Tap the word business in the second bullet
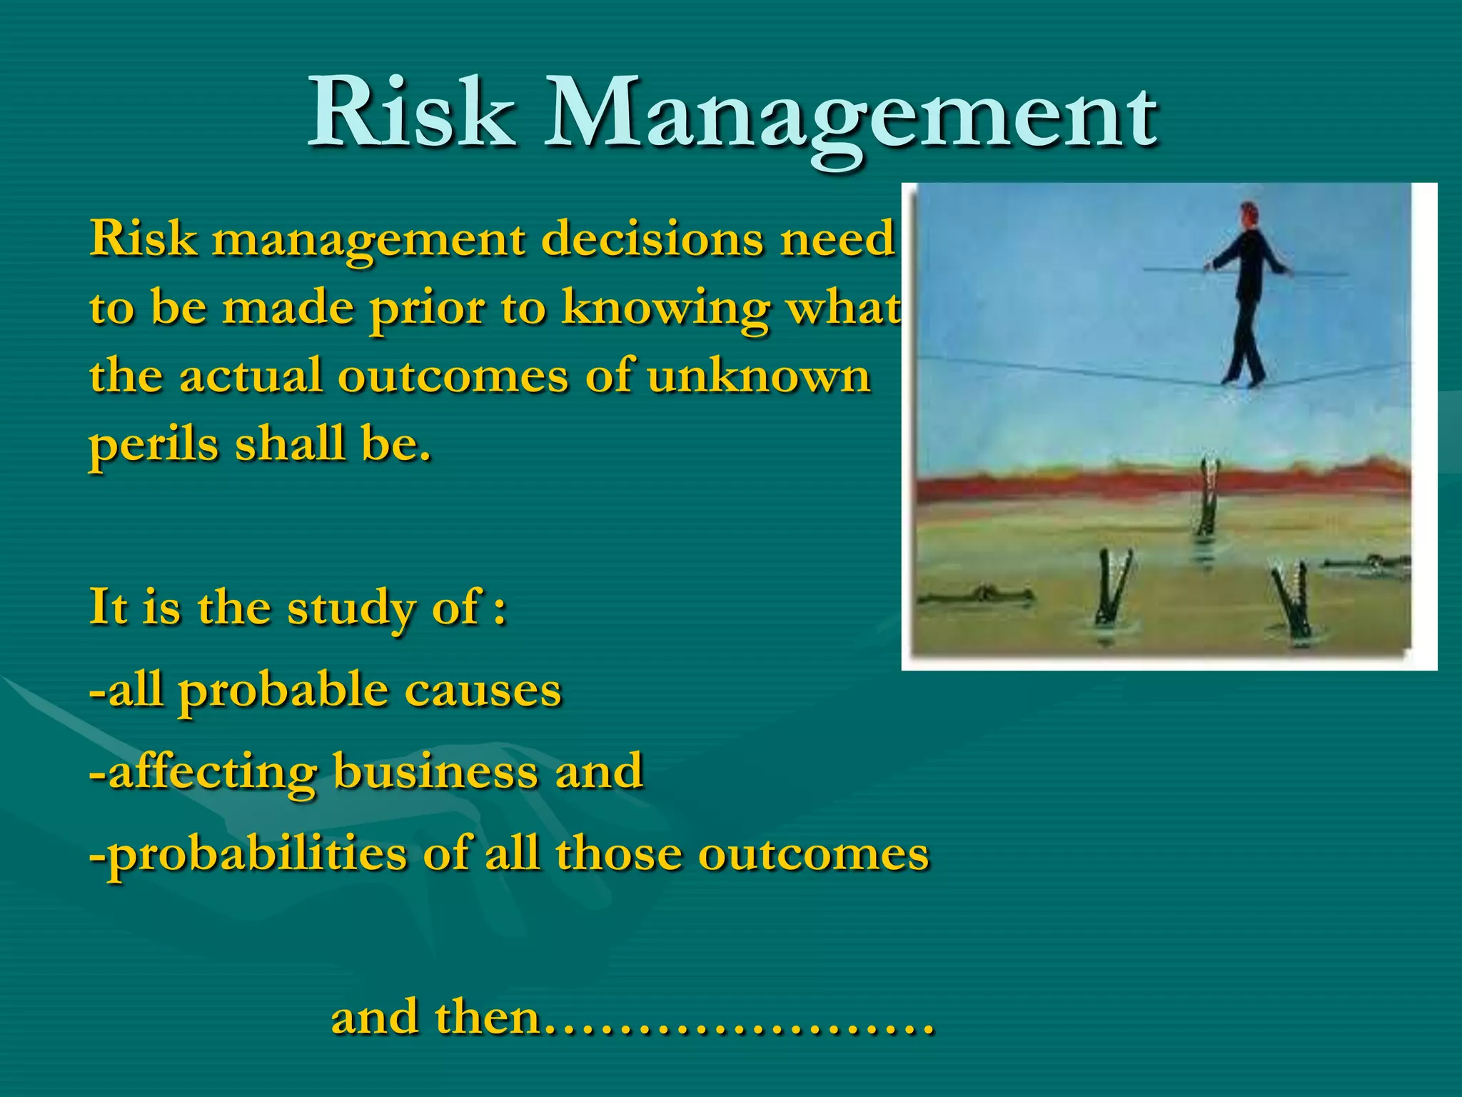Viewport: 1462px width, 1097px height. click(x=435, y=771)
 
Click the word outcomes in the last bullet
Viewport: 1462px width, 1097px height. click(x=813, y=853)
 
